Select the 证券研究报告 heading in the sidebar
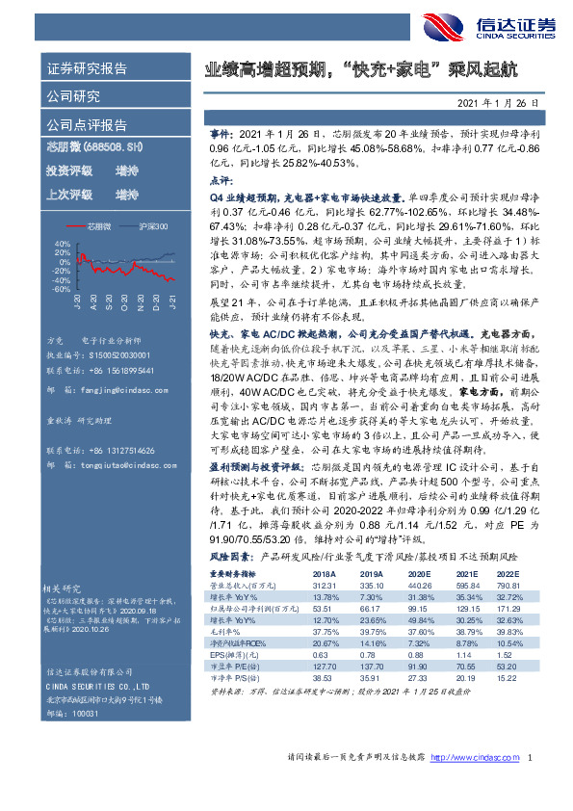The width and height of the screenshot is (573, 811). (87, 69)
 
